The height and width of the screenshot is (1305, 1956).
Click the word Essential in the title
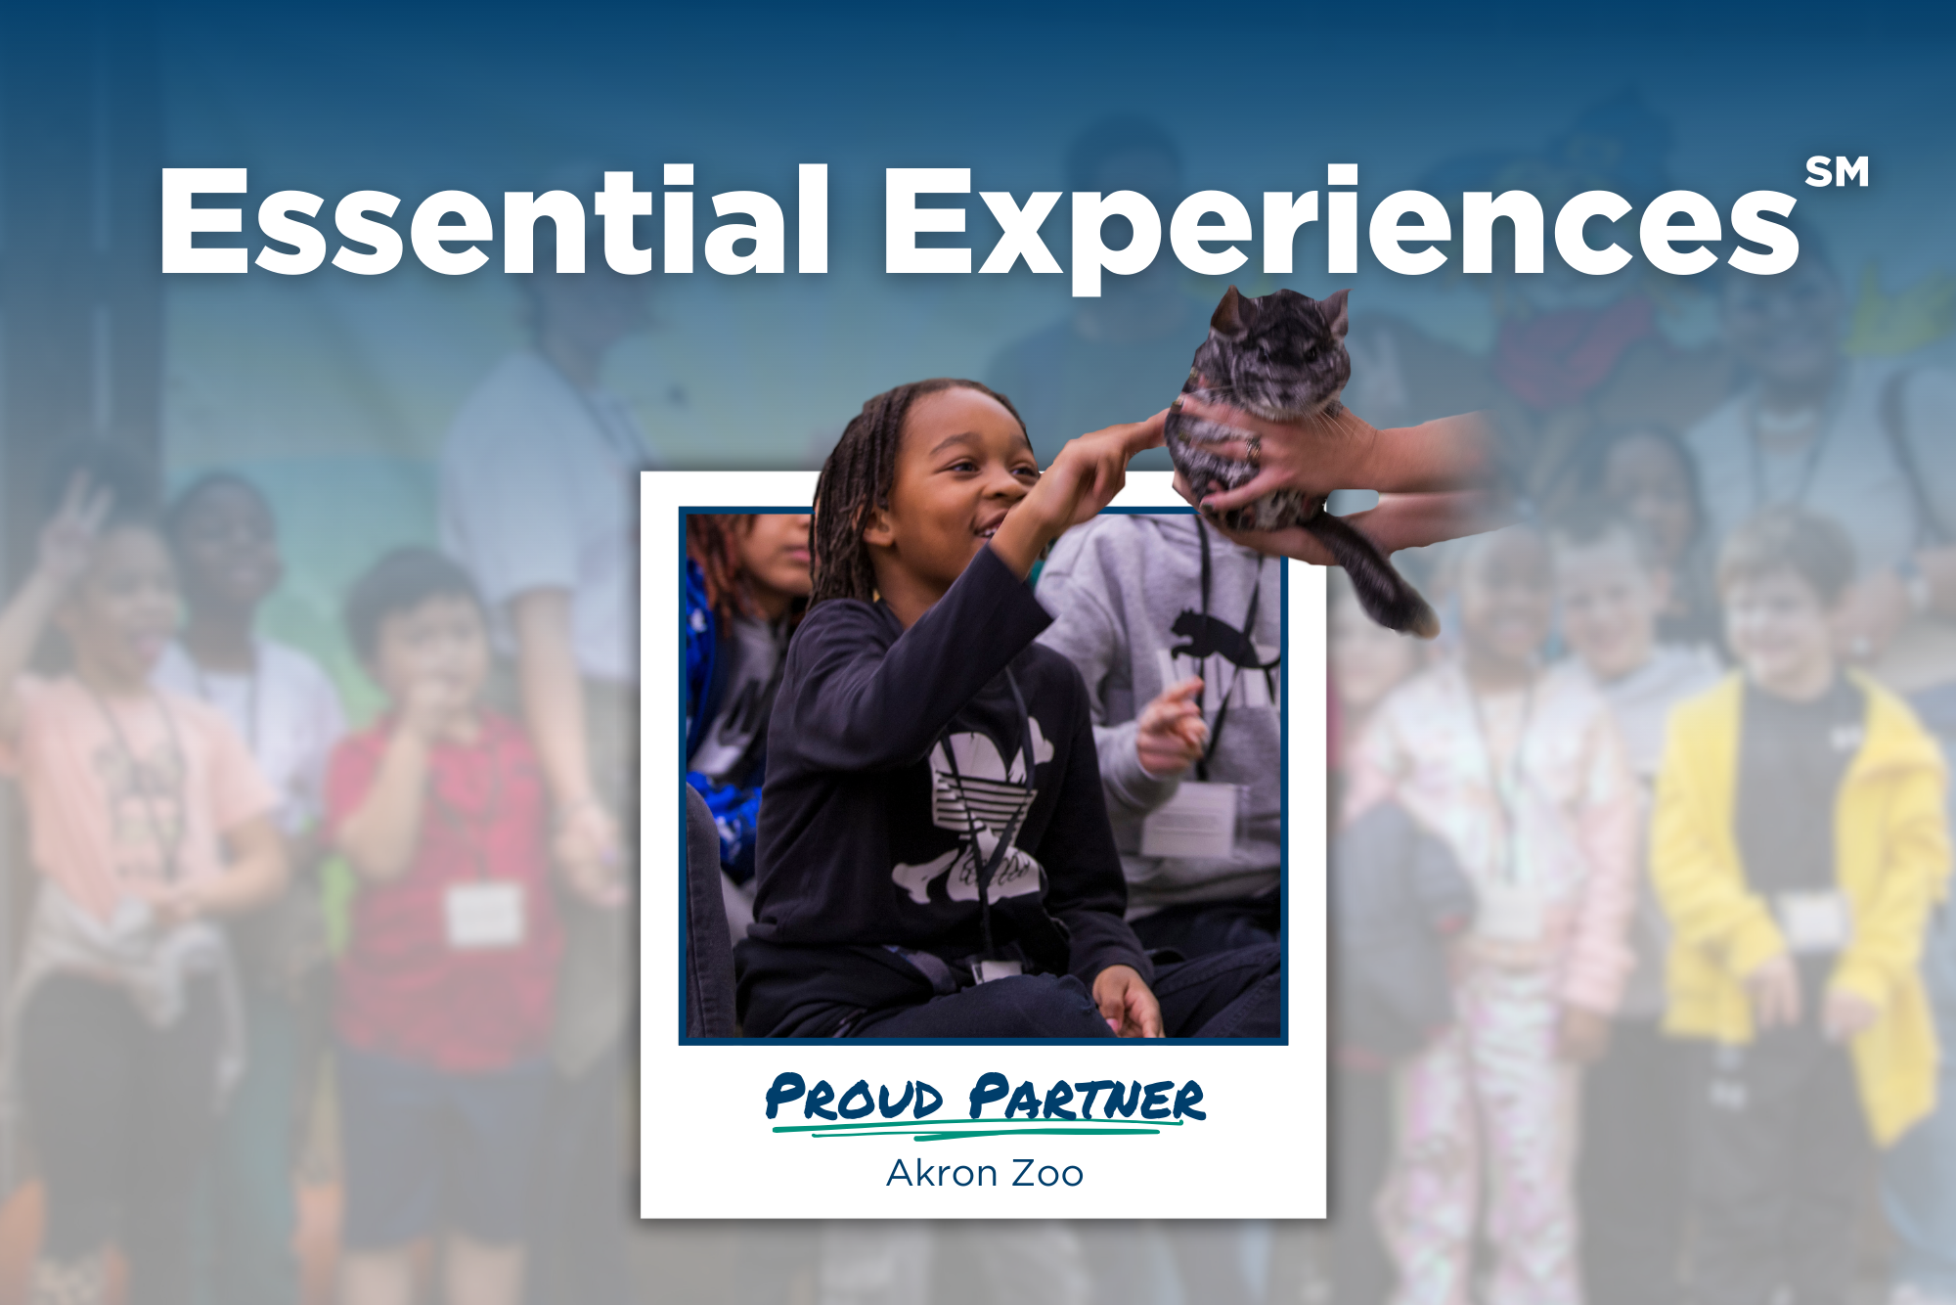tap(494, 220)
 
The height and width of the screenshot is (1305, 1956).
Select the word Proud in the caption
tap(855, 1098)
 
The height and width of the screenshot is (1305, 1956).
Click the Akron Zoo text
tap(985, 1173)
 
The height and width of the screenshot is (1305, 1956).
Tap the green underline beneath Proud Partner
tap(978, 1131)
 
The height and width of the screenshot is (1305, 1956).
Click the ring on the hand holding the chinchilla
tap(1252, 449)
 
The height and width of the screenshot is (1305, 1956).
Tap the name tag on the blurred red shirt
tap(484, 915)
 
